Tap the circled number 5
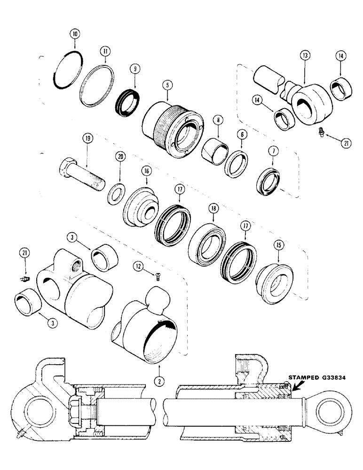coord(166,86)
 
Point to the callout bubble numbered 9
coord(135,69)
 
